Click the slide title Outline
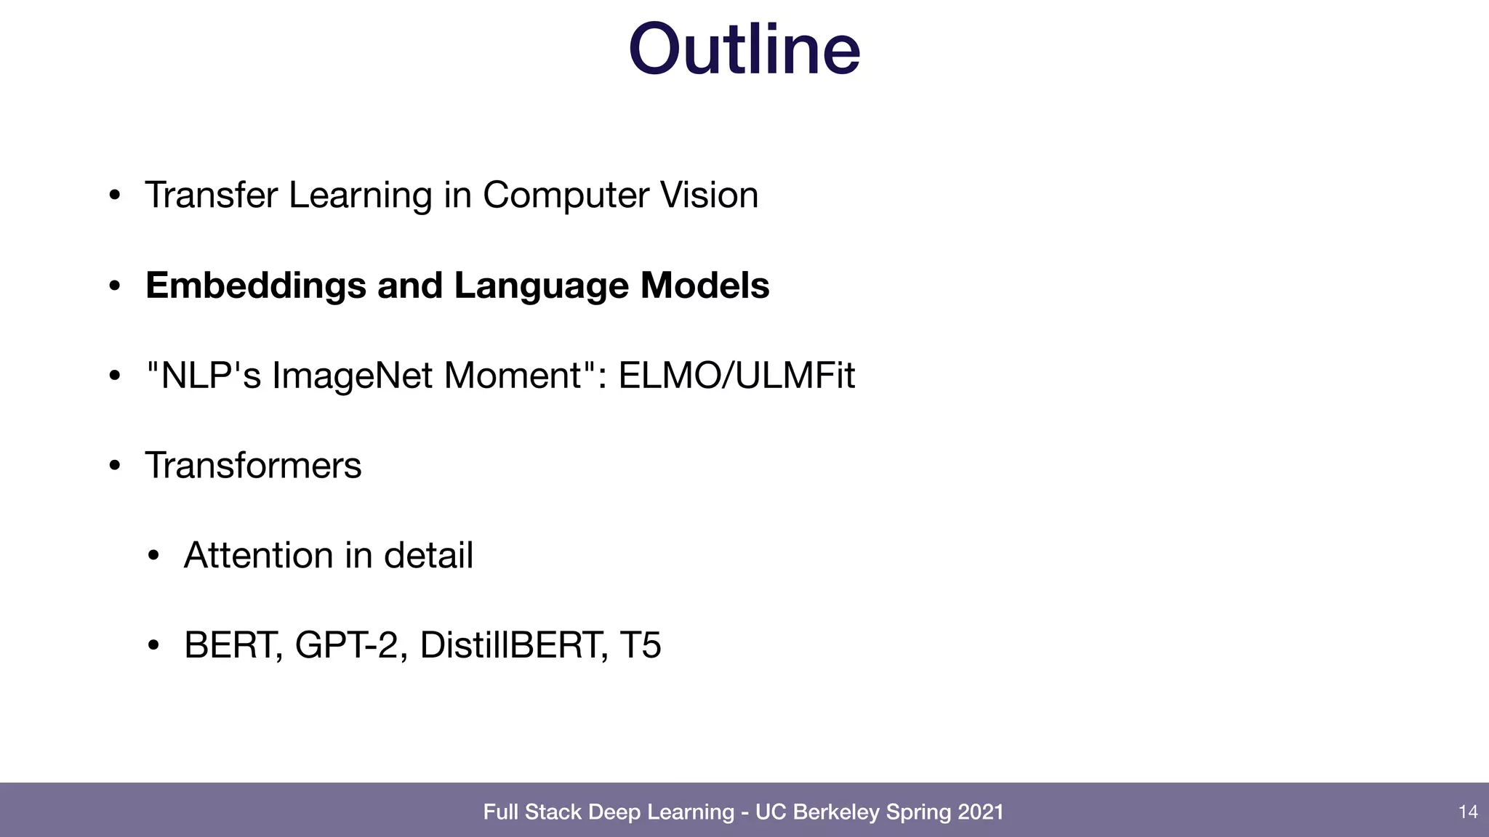coord(744,49)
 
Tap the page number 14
coord(1468,812)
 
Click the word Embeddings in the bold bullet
coord(255,286)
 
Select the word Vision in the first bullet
coord(709,195)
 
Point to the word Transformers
coord(253,465)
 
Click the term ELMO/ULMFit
coord(737,376)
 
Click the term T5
coord(641,644)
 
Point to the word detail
coord(428,555)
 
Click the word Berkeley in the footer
coord(836,812)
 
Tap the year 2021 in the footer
coord(980,812)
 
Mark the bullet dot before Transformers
coord(114,466)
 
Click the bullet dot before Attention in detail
coord(153,556)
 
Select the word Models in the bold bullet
coord(705,286)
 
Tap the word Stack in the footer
coord(553,812)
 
